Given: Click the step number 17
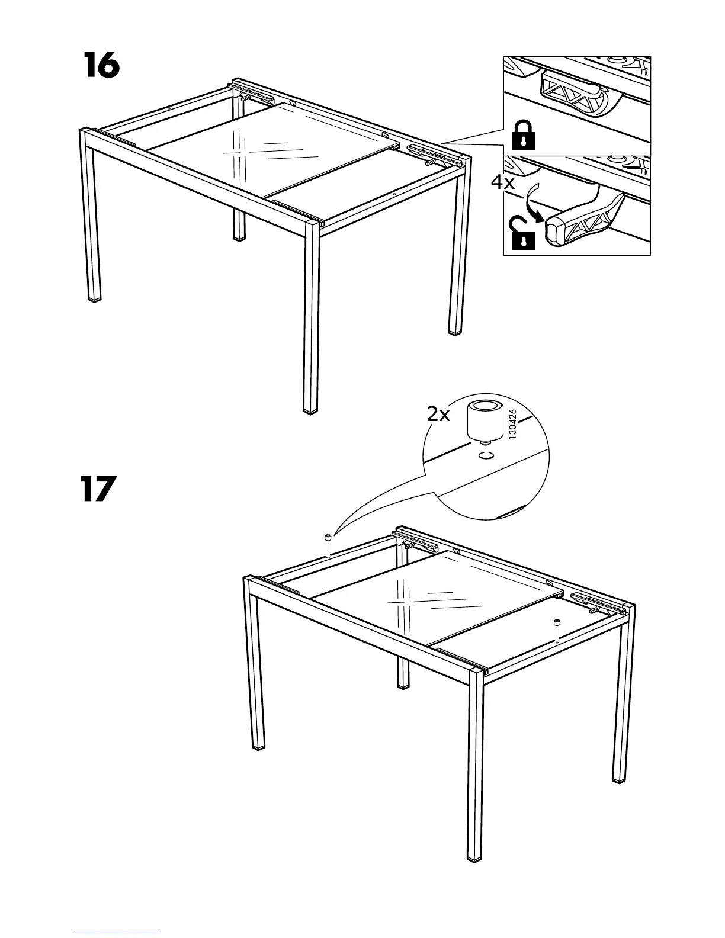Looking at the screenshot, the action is [98, 489].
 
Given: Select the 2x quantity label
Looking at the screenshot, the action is [438, 415].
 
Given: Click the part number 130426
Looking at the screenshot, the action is [513, 424].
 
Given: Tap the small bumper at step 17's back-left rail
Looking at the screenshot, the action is [328, 538].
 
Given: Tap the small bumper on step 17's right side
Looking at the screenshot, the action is [557, 623].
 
